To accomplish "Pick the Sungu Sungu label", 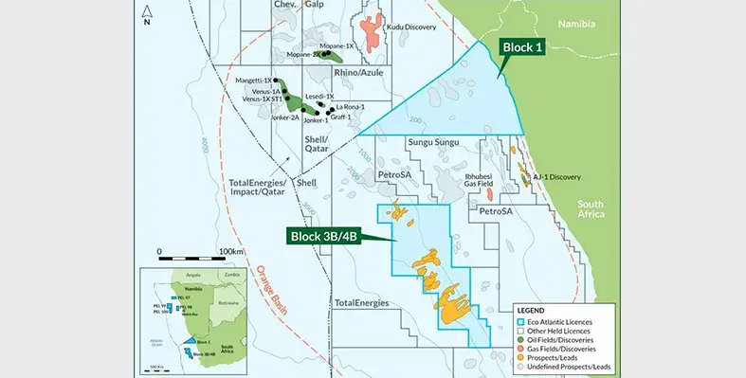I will pos(433,142).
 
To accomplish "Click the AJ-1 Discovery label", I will pos(556,177).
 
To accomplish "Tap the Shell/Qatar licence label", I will pos(316,143).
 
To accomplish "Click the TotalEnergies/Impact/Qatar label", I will pos(258,185).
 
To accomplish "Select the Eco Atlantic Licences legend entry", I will pos(568,321).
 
